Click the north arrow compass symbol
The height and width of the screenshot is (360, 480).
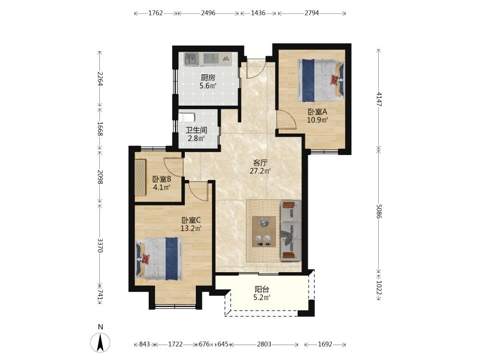click(x=100, y=342)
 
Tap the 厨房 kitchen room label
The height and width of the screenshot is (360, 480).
click(x=208, y=78)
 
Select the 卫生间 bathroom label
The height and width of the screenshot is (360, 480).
click(x=196, y=130)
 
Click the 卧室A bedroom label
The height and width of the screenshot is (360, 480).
click(x=317, y=112)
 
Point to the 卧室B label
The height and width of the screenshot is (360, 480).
click(x=162, y=180)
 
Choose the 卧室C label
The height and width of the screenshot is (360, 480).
click(x=191, y=220)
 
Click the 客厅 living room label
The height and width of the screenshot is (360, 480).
click(x=261, y=163)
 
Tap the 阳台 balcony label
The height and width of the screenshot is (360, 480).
click(x=262, y=289)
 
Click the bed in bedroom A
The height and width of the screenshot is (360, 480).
click(x=321, y=80)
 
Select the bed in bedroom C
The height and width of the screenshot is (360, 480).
click(x=159, y=259)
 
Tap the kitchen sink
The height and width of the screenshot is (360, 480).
click(x=192, y=59)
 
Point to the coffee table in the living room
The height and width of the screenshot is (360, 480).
click(x=264, y=231)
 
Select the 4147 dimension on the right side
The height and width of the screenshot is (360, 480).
click(x=379, y=99)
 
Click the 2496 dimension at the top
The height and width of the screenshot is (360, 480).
click(x=208, y=13)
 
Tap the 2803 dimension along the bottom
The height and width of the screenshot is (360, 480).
click(x=264, y=344)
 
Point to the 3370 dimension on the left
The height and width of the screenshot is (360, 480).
click(x=100, y=245)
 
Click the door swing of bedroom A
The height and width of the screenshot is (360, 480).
click(x=286, y=120)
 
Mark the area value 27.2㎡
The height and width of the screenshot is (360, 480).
click(x=261, y=171)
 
